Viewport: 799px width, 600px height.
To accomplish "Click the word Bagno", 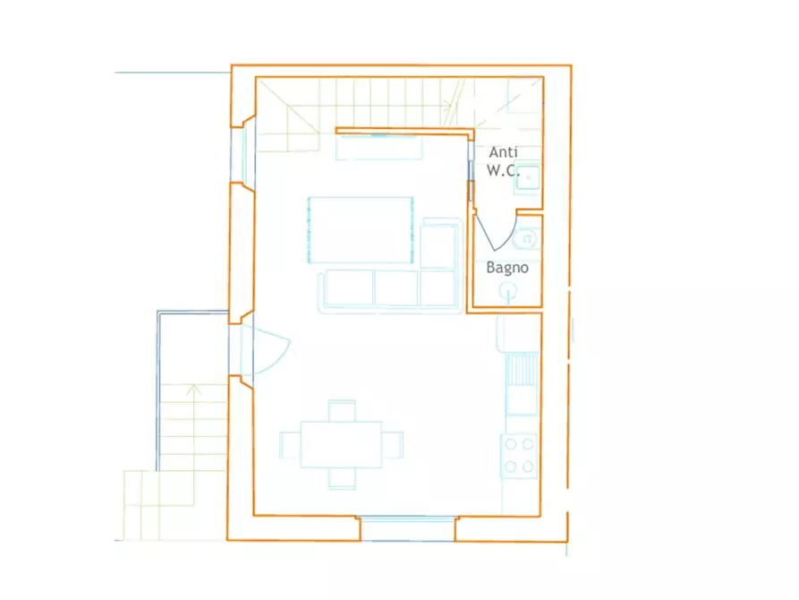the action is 507,268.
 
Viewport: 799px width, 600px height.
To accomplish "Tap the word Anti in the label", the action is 504,152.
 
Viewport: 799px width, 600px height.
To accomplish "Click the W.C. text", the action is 503,170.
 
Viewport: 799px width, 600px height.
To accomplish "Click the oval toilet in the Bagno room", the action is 527,239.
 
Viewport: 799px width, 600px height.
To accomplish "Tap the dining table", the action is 342,444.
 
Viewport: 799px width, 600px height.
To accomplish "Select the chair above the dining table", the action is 342,411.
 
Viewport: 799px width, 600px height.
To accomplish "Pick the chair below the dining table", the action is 342,478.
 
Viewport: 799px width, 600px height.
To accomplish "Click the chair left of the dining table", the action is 290,445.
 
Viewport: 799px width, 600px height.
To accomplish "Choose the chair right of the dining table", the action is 393,445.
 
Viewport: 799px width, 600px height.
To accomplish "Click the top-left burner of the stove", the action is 511,444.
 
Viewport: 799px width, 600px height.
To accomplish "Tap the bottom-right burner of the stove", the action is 529,467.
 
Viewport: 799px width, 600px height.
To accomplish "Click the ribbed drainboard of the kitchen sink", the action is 523,369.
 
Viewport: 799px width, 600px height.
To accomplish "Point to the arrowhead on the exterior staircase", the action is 192,390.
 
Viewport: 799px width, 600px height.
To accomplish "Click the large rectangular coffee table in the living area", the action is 361,229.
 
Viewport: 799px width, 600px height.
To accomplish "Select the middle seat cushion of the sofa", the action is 396,287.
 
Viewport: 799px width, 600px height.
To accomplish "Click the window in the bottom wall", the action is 408,528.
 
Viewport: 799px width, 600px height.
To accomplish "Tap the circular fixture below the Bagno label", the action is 507,291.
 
